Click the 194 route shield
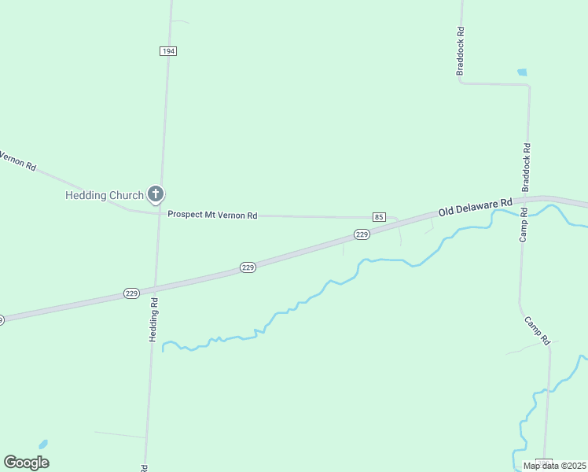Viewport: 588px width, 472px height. pyautogui.click(x=167, y=50)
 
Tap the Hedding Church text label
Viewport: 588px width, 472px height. pyautogui.click(x=104, y=195)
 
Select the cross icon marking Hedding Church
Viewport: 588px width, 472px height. pyautogui.click(x=156, y=194)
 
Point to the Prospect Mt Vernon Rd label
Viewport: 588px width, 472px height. pyautogui.click(x=212, y=215)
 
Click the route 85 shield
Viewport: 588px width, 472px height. pyautogui.click(x=380, y=217)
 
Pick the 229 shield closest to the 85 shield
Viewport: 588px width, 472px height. pyautogui.click(x=362, y=234)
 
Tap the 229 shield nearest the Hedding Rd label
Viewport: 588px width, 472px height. pyautogui.click(x=132, y=293)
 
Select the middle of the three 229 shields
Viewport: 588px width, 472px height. pyautogui.click(x=248, y=267)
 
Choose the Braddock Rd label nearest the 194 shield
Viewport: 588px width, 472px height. pyautogui.click(x=461, y=53)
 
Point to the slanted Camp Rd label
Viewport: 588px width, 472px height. pyautogui.click(x=538, y=330)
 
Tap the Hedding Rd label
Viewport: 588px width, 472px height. pyautogui.click(x=154, y=318)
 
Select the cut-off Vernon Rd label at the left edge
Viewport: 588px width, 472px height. pyautogui.click(x=17, y=160)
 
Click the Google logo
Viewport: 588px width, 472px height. pyautogui.click(x=26, y=463)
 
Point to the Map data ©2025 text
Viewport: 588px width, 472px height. pyautogui.click(x=554, y=466)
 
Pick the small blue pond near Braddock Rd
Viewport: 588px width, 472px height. pyautogui.click(x=522, y=72)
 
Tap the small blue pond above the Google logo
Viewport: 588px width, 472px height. pyautogui.click(x=43, y=444)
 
